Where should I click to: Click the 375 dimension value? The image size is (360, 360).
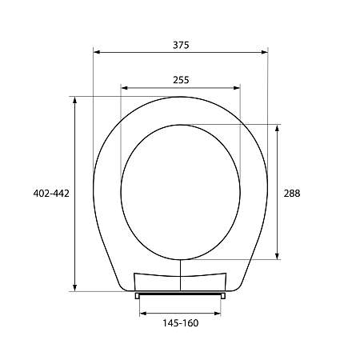point(181,45)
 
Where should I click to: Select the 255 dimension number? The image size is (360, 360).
point(181,79)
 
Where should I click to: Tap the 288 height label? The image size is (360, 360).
point(292,193)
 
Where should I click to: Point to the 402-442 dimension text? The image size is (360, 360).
point(52,193)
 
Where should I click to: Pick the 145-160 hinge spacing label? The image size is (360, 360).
point(181,322)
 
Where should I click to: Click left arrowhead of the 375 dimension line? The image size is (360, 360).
point(97,53)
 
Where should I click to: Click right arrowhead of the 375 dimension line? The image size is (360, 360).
point(265,53)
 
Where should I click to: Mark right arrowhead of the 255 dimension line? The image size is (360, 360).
point(238,87)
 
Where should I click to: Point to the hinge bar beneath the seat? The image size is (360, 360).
point(181,294)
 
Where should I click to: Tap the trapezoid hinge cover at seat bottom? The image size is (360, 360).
point(181,280)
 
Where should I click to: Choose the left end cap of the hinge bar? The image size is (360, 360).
point(139,294)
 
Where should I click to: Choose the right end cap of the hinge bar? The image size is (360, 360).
point(223,294)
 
